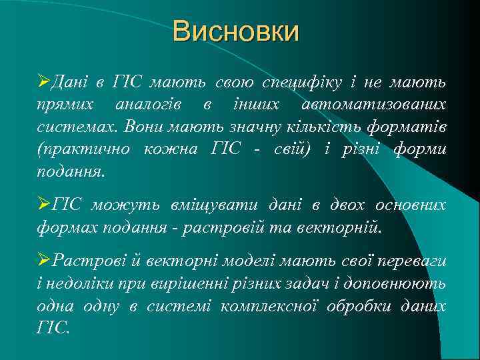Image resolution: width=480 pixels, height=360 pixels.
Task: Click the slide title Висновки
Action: (x=236, y=31)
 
